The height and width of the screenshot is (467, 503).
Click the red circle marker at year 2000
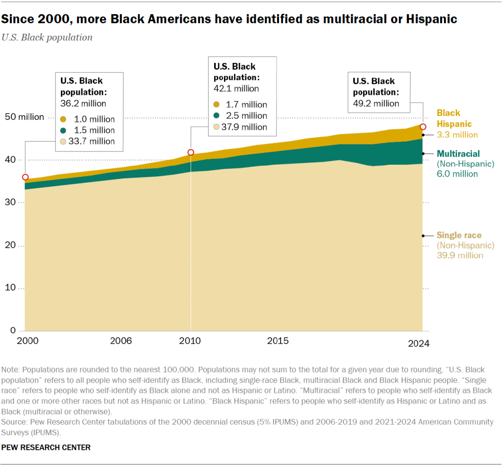point(25,177)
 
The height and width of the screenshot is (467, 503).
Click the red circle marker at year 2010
point(191,152)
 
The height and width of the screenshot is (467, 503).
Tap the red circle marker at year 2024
point(422,127)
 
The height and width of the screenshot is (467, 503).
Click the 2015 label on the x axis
point(278,341)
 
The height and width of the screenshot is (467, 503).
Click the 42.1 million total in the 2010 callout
point(236,88)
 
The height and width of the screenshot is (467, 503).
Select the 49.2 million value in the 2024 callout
point(376,103)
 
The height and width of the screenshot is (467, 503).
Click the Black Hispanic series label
point(454,118)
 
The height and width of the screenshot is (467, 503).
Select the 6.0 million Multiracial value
point(456,174)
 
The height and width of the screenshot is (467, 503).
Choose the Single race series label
point(459,235)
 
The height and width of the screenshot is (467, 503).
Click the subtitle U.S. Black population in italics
point(47,37)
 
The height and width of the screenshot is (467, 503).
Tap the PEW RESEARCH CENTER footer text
point(46,447)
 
